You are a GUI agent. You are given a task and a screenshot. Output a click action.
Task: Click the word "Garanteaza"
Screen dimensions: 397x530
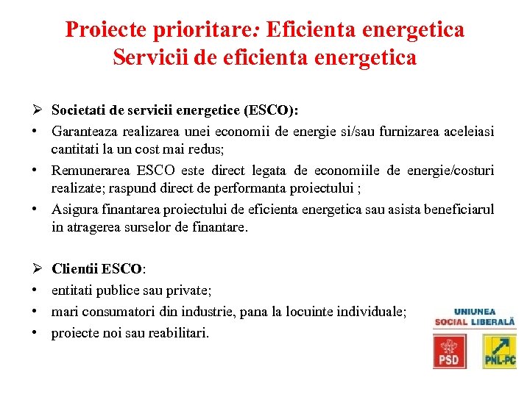point(87,131)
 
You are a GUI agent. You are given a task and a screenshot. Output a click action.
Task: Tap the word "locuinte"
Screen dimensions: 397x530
point(311,312)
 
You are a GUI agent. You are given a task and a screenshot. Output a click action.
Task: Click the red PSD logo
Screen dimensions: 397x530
point(449,351)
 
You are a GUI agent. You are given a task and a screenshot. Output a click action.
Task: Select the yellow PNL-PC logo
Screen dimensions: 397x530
point(499,351)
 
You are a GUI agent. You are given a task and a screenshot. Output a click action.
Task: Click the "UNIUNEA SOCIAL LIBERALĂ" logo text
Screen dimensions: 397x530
point(475,317)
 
